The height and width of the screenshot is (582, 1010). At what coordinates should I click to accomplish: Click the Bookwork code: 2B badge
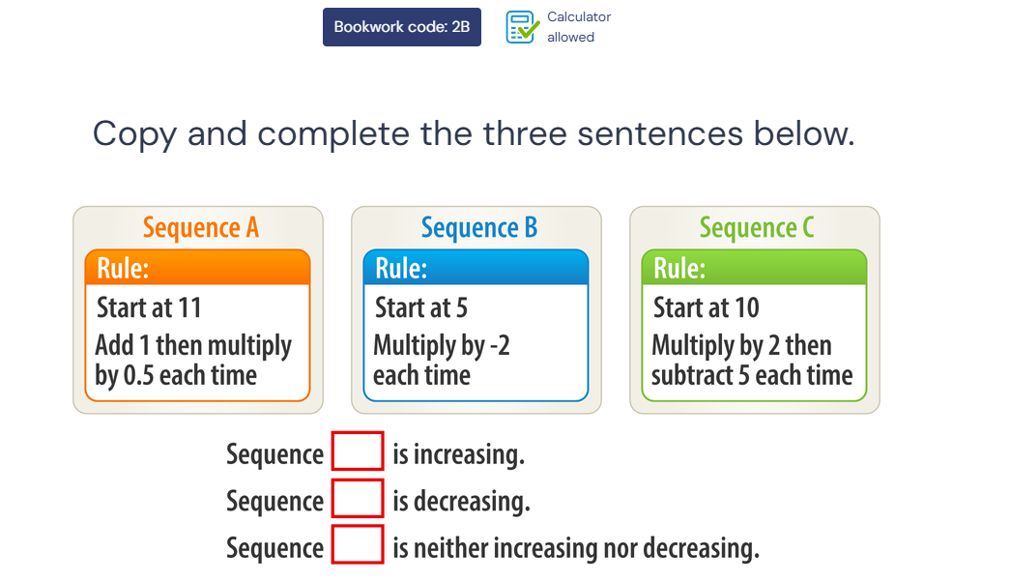click(402, 27)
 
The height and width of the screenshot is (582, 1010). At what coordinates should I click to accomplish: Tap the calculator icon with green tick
click(522, 27)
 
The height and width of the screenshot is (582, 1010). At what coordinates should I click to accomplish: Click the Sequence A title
click(201, 227)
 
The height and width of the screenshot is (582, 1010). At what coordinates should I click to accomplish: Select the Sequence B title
click(479, 227)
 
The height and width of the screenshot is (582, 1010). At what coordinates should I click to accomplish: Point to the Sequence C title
click(757, 227)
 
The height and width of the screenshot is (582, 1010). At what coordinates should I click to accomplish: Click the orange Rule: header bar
click(198, 268)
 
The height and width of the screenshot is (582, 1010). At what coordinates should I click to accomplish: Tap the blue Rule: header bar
click(476, 268)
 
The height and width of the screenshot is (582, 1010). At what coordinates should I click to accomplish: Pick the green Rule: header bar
click(754, 268)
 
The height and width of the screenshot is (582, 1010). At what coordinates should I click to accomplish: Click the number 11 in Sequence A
click(189, 307)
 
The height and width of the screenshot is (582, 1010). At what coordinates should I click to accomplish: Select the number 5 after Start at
click(461, 307)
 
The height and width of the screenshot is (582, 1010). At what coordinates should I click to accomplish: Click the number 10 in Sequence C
click(746, 307)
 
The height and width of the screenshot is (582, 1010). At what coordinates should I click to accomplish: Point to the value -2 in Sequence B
click(500, 345)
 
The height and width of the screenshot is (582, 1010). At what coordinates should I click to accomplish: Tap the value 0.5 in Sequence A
click(138, 375)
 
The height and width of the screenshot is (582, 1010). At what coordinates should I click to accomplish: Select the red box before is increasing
click(359, 451)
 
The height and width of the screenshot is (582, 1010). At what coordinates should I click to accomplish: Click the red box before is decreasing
click(359, 498)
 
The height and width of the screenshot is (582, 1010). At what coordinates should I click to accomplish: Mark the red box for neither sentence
click(359, 544)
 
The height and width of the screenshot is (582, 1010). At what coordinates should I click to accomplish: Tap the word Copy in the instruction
click(134, 134)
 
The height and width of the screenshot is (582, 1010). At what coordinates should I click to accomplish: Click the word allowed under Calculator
click(570, 38)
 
